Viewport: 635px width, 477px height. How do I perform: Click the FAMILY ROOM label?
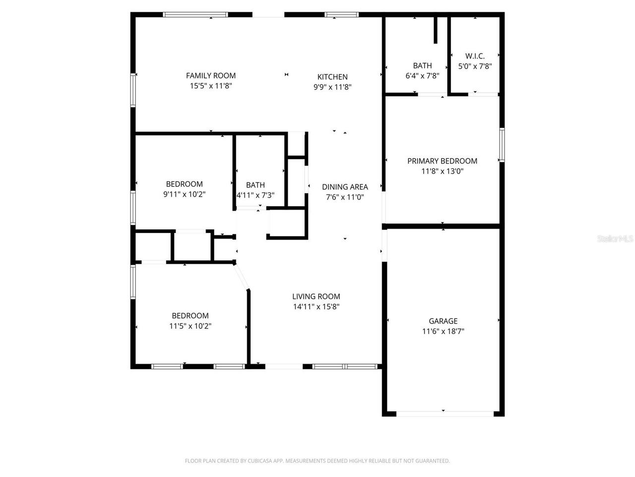211,76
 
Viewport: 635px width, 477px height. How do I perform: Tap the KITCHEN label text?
332,77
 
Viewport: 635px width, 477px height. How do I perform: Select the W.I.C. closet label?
475,56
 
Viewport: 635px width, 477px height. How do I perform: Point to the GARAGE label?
443,321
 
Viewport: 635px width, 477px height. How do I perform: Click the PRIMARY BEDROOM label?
442,161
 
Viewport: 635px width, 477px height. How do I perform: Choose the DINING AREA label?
345,187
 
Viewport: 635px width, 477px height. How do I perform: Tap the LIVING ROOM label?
316,297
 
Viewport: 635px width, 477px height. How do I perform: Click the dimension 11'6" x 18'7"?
443,331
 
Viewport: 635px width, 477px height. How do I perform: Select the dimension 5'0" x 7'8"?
475,66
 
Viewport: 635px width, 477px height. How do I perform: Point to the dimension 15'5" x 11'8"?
211,86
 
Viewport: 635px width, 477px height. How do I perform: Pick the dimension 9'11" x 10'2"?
184,194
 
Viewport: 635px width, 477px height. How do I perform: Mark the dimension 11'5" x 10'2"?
190,326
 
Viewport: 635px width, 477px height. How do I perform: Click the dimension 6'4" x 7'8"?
422,76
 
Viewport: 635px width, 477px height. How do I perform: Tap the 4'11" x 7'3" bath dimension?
255,195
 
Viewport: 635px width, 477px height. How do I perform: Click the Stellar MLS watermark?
615,239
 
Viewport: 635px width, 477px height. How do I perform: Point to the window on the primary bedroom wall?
502,145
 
